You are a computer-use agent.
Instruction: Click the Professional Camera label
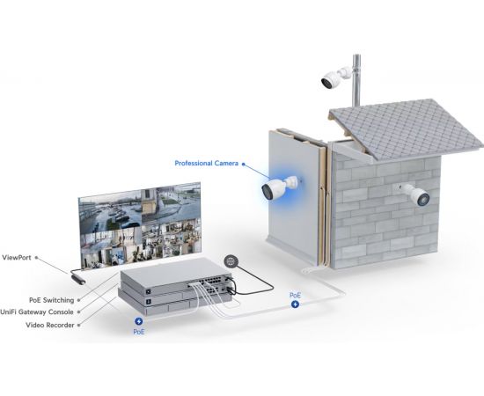tap(206, 164)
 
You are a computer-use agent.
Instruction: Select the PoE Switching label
tap(52, 300)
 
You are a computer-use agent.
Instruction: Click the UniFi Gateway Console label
tap(37, 312)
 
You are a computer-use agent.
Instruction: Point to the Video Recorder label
tap(49, 325)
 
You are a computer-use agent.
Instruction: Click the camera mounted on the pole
tap(335, 77)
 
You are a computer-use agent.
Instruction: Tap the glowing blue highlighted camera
tap(280, 187)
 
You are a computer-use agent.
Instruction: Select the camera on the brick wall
tap(414, 194)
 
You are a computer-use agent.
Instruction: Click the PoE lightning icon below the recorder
tap(138, 321)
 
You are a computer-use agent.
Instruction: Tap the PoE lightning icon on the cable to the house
tap(295, 304)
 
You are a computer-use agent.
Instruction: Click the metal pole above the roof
tap(356, 81)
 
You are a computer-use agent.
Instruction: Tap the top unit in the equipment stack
tap(176, 280)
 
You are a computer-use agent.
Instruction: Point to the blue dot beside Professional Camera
tap(243, 164)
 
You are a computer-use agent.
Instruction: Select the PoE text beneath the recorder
tap(139, 332)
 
